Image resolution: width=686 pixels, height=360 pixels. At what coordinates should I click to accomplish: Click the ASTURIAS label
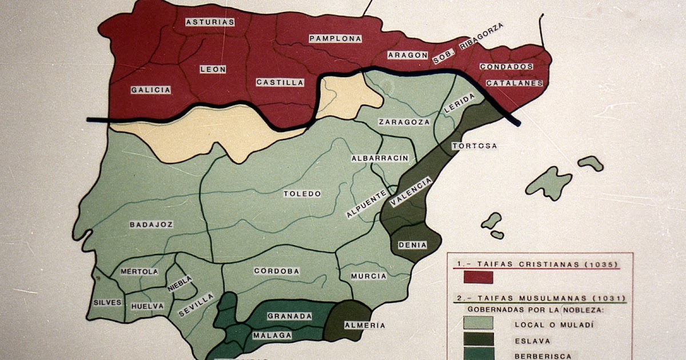coord(210,22)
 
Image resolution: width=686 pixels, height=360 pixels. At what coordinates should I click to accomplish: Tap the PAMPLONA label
coord(336,39)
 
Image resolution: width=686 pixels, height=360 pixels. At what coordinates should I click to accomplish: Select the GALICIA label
coord(151,90)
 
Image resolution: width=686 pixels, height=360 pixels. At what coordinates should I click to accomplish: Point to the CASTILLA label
coord(280,82)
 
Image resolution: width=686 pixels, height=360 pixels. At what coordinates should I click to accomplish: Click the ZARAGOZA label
coord(404,122)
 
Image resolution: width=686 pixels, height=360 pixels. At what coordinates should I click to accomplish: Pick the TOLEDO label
coord(302,194)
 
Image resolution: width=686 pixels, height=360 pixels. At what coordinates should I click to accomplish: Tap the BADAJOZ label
coord(151,225)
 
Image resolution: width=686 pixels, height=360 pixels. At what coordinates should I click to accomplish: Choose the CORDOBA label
coord(277,271)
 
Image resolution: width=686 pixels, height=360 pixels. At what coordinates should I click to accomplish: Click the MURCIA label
coord(369,276)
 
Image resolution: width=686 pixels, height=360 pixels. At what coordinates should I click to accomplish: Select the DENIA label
coord(412,245)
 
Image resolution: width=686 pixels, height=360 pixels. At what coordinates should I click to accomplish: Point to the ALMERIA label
coord(361,325)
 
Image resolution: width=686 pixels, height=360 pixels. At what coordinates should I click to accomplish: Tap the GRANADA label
coord(290,316)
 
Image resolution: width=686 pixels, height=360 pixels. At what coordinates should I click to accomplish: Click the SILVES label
coord(107,302)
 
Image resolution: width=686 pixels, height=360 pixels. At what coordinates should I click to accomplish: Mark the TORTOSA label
coord(474,146)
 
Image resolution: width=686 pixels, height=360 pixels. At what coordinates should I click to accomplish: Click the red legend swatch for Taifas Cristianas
coord(478,277)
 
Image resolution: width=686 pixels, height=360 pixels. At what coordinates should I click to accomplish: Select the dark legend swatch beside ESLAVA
coord(478,339)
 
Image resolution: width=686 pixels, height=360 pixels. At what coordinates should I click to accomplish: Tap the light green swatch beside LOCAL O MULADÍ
coord(478,322)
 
